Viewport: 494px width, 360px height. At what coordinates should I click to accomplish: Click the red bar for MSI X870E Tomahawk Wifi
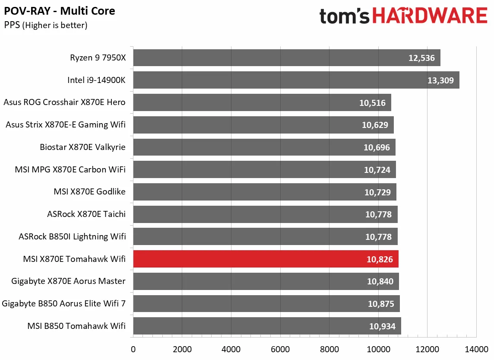pos(266,259)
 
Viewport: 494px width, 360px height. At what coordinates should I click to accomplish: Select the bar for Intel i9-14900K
pos(296,80)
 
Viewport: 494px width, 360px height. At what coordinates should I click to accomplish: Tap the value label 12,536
pos(422,58)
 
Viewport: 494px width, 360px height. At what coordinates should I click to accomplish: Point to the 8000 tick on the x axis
pos(329,349)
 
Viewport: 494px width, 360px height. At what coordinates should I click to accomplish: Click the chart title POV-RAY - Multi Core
pos(60,11)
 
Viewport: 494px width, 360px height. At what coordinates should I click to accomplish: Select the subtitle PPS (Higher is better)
pos(46,25)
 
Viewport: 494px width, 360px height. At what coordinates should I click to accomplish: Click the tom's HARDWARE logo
pos(403,16)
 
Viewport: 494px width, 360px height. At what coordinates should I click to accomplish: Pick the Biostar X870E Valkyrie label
pos(82,147)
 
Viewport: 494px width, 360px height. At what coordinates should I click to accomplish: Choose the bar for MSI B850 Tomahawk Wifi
pos(267,326)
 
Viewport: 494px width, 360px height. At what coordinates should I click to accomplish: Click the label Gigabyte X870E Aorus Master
pos(69,281)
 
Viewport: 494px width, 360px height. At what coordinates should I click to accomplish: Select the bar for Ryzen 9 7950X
pos(286,57)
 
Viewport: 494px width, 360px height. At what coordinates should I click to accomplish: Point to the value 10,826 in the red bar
pos(380,259)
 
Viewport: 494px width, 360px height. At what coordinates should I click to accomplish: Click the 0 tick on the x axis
pos(133,349)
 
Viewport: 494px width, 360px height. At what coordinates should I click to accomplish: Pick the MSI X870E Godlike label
pos(89,192)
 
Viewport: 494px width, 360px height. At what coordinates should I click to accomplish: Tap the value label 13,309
pos(441,80)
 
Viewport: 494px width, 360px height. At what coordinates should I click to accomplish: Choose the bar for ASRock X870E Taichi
pos(265,214)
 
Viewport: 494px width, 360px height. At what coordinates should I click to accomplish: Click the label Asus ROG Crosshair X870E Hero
pos(64,102)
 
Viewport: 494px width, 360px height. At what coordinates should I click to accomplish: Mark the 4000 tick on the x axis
pos(231,349)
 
